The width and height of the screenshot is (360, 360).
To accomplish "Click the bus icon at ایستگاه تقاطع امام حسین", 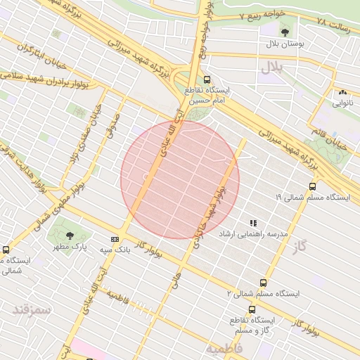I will click(x=207, y=80).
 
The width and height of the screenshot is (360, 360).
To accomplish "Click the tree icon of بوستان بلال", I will click(x=284, y=32).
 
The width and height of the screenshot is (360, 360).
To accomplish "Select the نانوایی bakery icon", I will click(x=342, y=92).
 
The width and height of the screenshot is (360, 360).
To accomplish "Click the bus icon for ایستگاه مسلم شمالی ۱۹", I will click(x=312, y=186).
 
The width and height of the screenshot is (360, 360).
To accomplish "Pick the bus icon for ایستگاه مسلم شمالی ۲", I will click(x=263, y=283).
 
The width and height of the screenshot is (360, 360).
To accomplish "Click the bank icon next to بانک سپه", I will click(x=115, y=240).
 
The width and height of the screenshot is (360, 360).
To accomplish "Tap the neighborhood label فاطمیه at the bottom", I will click(x=224, y=348).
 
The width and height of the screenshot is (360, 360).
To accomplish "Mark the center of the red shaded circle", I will click(x=180, y=179).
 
